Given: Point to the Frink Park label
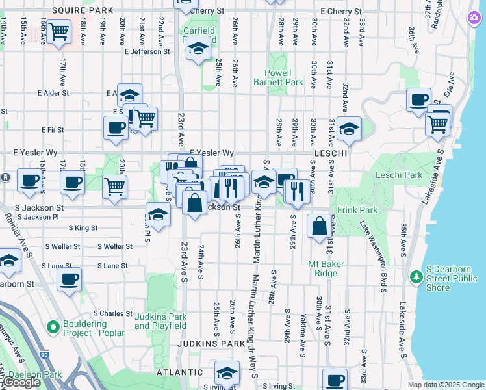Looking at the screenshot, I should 357,211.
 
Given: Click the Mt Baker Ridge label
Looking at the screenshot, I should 326,268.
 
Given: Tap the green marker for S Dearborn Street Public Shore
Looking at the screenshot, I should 416,277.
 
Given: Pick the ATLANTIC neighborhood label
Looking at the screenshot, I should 179,372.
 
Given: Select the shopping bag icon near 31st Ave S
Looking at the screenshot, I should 319,227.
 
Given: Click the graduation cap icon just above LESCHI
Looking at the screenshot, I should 349,129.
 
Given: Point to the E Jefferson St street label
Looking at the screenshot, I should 147,51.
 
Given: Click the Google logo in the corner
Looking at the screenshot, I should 21,382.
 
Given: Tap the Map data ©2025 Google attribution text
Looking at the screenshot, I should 446,385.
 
